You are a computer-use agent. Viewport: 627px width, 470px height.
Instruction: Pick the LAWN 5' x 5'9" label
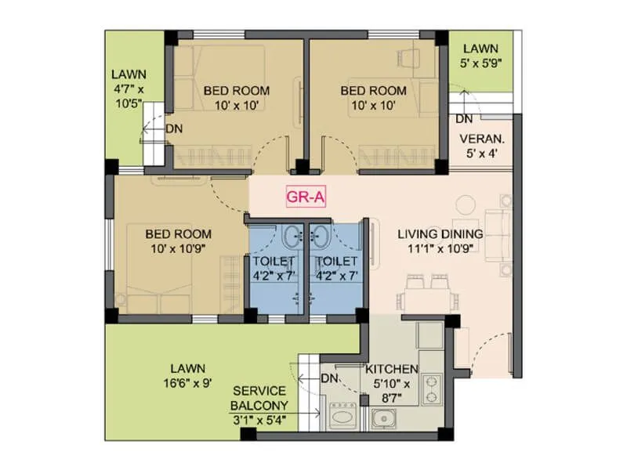(481, 56)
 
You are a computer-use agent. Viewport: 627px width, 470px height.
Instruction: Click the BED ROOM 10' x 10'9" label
(179, 241)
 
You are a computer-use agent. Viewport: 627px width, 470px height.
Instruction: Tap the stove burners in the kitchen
(431, 390)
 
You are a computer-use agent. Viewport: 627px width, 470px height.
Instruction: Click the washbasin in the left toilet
(292, 233)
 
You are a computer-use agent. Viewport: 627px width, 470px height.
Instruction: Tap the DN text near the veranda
(464, 120)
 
